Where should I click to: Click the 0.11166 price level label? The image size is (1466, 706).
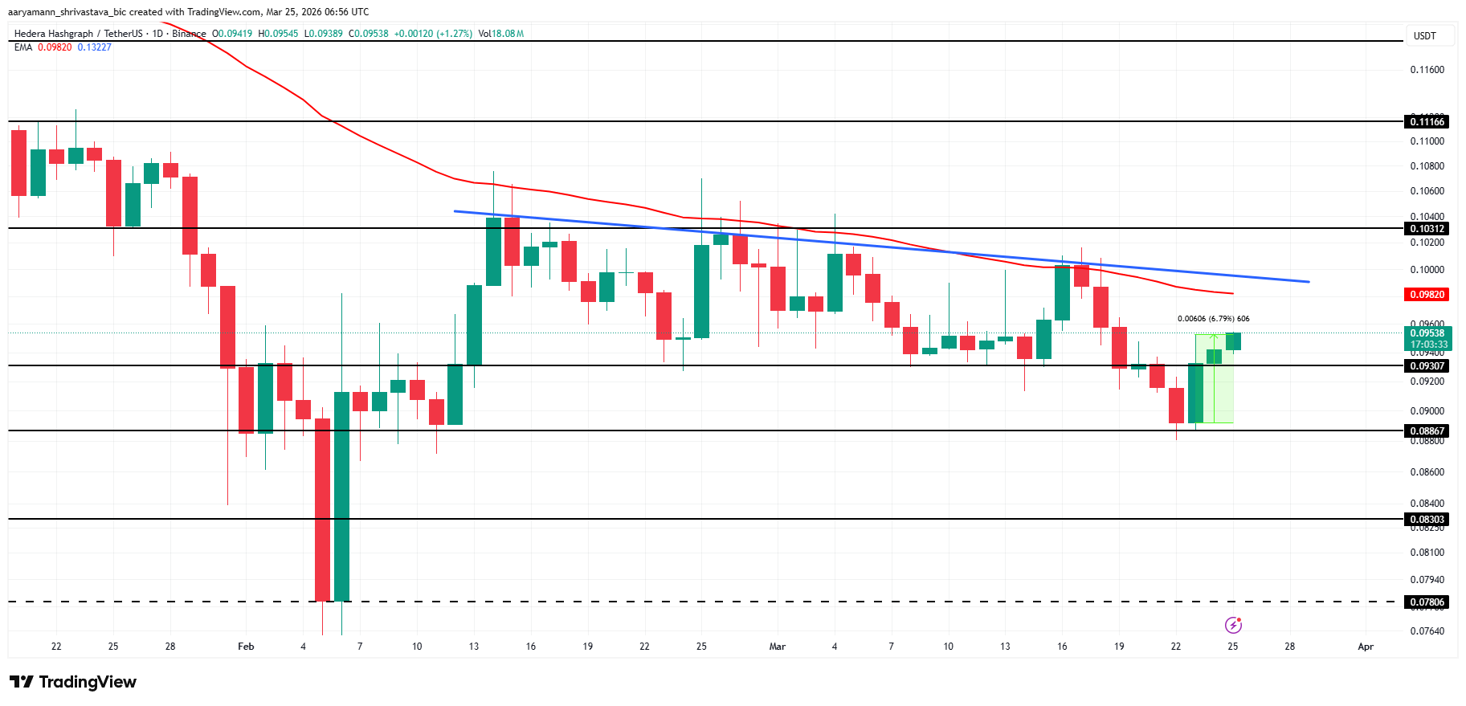coord(1427,122)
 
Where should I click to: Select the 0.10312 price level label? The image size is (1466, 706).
coord(1427,229)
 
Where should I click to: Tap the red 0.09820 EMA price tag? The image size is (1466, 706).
coord(1427,295)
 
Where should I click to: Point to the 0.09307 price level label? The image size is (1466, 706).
coord(1427,366)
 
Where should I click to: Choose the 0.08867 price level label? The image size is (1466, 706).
coord(1427,431)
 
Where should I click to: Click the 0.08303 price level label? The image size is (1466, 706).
coord(1427,520)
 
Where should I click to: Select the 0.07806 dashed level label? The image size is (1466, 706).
coord(1427,602)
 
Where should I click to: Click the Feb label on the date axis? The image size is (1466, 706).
coord(246,647)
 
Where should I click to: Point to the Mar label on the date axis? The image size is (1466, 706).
coord(777,647)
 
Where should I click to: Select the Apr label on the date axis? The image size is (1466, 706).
coord(1366,647)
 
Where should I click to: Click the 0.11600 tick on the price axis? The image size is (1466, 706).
coord(1427,70)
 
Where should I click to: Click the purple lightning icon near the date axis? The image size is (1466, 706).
coord(1233,625)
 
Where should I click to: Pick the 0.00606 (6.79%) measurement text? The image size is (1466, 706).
coord(1213,319)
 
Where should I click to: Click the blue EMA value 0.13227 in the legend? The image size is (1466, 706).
coord(94,47)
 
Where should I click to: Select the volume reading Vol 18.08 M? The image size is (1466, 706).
coord(500,34)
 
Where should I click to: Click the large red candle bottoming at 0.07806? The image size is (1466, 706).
coord(322,509)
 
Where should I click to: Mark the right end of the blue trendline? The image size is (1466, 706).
coord(1309,282)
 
